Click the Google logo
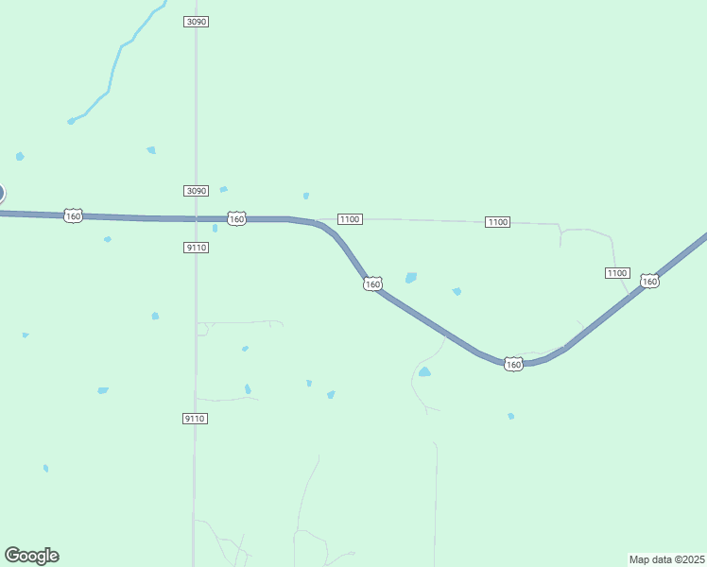31,556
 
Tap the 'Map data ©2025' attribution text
666,558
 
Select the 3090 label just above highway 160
196,191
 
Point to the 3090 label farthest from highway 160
196,21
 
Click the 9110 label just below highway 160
196,248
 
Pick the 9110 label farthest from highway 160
195,419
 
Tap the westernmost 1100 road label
350,219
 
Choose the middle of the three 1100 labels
497,222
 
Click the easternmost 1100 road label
616,273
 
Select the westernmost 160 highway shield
74,216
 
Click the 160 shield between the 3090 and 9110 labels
236,218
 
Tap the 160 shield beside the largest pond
372,283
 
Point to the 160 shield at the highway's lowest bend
513,364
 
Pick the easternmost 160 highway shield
649,281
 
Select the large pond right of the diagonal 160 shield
411,278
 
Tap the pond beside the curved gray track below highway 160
424,372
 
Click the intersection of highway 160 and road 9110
196,219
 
